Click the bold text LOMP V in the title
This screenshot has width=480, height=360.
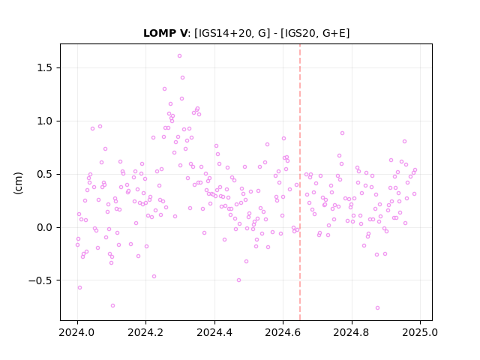(x=165, y=33)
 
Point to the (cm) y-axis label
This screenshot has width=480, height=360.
(x=18, y=183)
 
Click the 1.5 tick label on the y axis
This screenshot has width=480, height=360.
(x=44, y=68)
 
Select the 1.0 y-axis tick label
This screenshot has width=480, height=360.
(x=44, y=121)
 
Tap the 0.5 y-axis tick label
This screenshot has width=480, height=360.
(x=44, y=174)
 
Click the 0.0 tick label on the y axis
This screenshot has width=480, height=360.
(x=44, y=227)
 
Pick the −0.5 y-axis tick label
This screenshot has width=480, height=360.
(x=40, y=280)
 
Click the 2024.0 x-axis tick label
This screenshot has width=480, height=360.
(x=77, y=332)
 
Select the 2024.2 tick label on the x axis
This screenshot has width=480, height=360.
(x=146, y=332)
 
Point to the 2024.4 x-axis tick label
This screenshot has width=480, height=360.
(x=214, y=332)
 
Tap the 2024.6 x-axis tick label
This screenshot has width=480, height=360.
(x=283, y=332)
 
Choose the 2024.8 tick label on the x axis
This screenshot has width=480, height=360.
(x=352, y=332)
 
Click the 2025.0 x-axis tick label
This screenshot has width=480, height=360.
(x=420, y=332)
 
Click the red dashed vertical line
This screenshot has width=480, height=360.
(x=300, y=182)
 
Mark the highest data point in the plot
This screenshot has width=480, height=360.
(x=180, y=56)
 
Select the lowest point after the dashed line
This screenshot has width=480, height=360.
(x=377, y=308)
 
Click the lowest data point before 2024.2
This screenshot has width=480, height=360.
(x=112, y=306)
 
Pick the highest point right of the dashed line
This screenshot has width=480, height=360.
(x=342, y=133)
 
